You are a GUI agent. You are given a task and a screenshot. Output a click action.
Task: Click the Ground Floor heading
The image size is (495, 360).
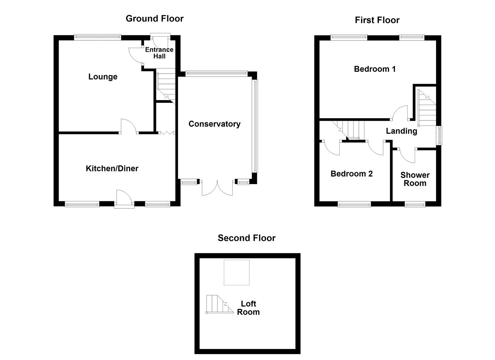tap(154, 19)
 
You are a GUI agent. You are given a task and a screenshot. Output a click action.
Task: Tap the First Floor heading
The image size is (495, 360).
tap(377, 20)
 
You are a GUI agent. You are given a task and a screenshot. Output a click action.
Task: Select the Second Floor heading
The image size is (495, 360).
tap(246, 238)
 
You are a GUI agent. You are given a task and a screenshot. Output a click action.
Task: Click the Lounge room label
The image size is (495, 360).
tap(103, 77)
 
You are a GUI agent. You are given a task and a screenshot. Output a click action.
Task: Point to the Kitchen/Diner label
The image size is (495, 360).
tap(112, 168)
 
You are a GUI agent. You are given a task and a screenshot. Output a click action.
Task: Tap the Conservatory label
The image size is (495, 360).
tap(214, 124)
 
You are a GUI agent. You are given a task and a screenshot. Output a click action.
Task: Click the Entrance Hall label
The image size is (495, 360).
tap(159, 53)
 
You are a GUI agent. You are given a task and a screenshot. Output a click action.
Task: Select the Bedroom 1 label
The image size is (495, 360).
tap(375, 69)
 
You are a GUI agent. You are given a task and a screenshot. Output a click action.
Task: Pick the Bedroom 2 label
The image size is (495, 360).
tap(351, 174)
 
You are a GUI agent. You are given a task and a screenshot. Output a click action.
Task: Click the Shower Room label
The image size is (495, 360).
tap(415, 179)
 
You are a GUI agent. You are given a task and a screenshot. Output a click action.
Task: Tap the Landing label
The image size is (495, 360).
tap(401, 131)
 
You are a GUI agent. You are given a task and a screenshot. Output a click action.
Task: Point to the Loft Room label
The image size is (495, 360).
tap(248, 308)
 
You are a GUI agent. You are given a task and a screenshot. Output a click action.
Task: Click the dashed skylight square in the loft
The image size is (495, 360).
tap(236, 272)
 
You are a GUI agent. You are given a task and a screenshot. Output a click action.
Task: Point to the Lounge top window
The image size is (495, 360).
tap(97, 37)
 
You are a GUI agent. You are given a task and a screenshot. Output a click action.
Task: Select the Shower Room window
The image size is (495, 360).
tap(415, 204)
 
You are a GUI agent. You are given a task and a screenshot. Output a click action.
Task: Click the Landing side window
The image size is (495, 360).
tap(439, 135)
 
